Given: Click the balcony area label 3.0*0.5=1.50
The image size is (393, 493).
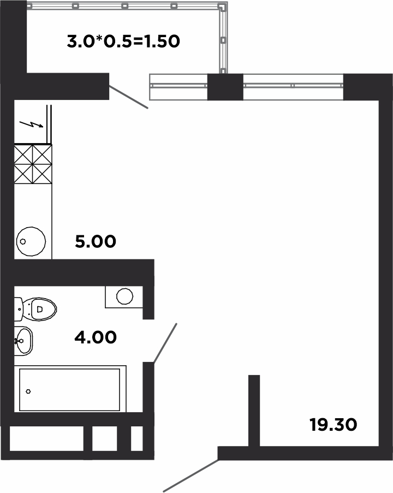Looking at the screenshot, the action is pyautogui.click(x=123, y=41).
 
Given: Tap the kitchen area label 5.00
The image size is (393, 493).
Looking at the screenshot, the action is pyautogui.click(x=96, y=241).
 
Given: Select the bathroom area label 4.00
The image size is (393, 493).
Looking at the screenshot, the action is pyautogui.click(x=96, y=337).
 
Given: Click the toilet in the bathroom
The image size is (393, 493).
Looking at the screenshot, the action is pyautogui.click(x=35, y=310).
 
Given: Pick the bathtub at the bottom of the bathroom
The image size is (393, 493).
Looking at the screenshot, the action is pyautogui.click(x=70, y=389).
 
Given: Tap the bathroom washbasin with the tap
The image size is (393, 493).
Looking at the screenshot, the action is pyautogui.click(x=23, y=341).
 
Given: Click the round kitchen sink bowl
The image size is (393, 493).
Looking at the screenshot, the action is pyautogui.click(x=31, y=241).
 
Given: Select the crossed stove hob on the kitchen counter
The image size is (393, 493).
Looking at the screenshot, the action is pyautogui.click(x=33, y=164).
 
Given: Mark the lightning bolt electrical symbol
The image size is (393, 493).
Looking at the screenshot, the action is pyautogui.click(x=31, y=124).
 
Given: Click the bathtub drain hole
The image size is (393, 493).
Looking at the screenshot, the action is pyautogui.click(x=28, y=391).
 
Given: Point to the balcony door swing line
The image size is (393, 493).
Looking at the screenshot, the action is pyautogui.click(x=129, y=97).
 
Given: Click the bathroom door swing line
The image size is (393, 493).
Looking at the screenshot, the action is pyautogui.click(x=165, y=343).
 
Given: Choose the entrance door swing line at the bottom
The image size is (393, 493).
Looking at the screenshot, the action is pyautogui.click(x=190, y=476).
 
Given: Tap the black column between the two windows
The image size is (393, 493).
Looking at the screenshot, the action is pyautogui.click(x=225, y=87).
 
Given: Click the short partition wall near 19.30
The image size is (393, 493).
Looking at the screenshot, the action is pyautogui.click(x=254, y=411).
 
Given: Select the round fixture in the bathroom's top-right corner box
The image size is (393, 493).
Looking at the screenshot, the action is pyautogui.click(x=124, y=296).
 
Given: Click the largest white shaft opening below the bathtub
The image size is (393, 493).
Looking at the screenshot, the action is pyautogui.click(x=46, y=438).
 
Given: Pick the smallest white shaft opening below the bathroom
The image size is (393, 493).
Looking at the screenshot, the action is pyautogui.click(x=137, y=438).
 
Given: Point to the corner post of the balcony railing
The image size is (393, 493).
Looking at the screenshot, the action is pyautogui.click(x=223, y=7).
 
